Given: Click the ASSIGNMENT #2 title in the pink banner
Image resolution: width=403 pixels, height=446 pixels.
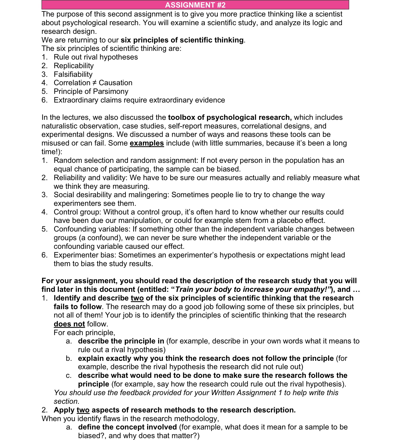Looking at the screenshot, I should tap(195, 5).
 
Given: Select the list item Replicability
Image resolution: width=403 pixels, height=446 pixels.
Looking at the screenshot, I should tap(74, 66).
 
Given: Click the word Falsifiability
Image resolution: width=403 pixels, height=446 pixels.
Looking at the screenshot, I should tap(73, 74).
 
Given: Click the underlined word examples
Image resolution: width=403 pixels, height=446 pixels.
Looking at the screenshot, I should tap(147, 143).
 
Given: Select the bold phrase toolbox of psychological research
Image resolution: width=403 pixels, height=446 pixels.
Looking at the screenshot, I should tap(230, 117).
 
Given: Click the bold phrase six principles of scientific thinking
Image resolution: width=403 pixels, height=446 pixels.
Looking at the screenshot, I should tap(182, 40).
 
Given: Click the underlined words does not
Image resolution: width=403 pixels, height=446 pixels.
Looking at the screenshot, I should tap(69, 324).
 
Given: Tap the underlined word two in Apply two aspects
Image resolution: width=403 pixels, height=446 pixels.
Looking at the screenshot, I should tap(83, 410).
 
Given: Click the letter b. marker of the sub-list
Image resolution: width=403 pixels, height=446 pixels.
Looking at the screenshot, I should tap(69, 358).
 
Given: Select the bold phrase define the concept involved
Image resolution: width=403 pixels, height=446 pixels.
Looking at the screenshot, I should tap(127, 427).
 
